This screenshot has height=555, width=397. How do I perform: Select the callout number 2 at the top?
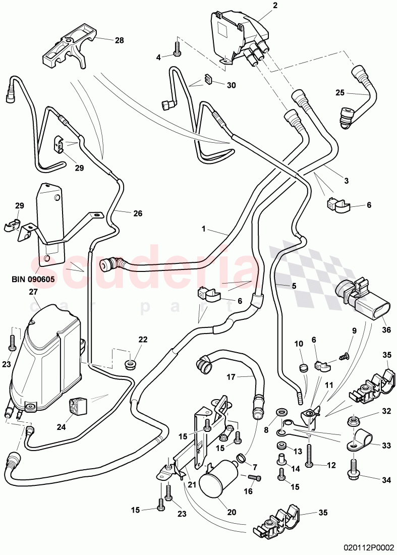pyautogui.click(x=275, y=6)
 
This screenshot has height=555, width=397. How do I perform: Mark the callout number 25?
pyautogui.click(x=339, y=92)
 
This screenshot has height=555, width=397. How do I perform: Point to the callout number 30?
pyautogui.click(x=231, y=85)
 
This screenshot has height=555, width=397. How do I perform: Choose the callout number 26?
pyautogui.click(x=137, y=213)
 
